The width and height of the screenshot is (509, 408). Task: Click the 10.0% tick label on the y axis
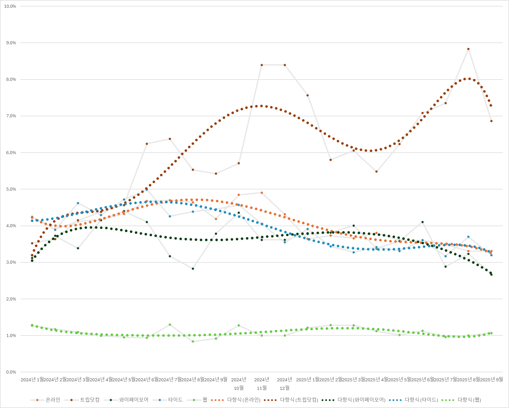(10, 6)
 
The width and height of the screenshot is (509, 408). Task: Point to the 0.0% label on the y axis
(11, 372)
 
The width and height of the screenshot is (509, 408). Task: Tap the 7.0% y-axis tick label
(11, 116)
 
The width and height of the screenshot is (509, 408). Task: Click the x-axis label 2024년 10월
(239, 384)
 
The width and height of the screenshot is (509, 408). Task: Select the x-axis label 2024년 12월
(285, 384)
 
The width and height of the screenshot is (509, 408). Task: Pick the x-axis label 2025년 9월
(491, 380)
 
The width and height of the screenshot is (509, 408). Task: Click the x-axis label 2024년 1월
(32, 380)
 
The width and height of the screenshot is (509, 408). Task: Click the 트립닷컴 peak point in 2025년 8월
(468, 49)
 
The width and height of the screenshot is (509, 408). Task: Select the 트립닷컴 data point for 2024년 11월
(262, 65)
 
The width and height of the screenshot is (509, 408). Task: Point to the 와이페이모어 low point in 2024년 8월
(193, 269)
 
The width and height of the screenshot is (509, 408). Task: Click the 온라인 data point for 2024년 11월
(262, 193)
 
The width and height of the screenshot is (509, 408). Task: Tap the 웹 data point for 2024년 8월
(193, 341)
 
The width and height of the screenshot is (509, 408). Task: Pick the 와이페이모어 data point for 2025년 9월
(491, 275)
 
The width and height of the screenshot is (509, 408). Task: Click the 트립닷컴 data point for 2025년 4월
(376, 171)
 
